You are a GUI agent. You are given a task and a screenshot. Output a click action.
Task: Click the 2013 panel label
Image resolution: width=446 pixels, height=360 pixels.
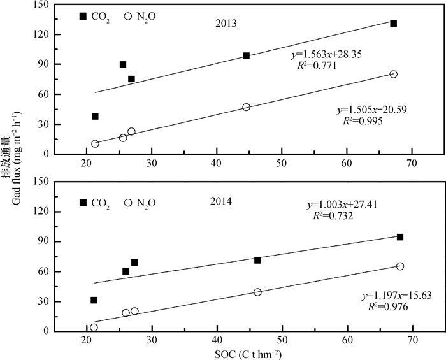226,24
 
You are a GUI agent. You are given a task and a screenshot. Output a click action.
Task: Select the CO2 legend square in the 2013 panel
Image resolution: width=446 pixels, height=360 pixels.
83,16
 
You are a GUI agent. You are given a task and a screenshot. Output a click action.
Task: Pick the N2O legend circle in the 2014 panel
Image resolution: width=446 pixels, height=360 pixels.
128,203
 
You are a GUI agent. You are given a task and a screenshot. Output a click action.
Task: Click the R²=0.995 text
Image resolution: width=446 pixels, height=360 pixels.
362,120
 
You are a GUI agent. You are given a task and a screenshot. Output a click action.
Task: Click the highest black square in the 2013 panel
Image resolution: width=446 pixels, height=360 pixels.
394,24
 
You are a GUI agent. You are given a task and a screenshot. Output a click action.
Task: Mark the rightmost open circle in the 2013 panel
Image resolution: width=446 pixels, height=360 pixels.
394,74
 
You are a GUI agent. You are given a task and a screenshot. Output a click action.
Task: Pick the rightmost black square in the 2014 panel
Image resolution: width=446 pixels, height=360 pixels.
400,237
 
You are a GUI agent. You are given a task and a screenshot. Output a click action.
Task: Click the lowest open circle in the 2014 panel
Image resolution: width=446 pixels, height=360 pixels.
94,328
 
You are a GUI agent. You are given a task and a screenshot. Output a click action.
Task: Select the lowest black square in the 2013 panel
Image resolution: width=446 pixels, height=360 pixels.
95,116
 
